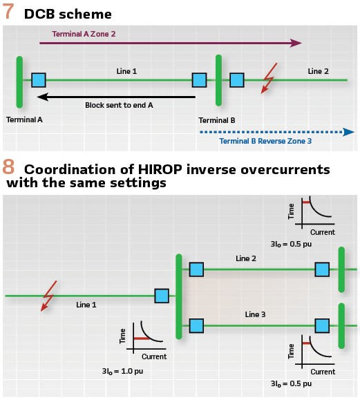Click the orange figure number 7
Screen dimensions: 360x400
8,12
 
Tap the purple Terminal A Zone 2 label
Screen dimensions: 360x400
84,34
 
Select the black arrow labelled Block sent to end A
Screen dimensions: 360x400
116,97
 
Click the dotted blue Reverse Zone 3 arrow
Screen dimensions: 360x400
277,132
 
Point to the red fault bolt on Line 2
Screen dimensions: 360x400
269,78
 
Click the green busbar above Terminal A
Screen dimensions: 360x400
19,82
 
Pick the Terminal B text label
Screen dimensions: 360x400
217,120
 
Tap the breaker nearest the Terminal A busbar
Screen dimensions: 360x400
39,80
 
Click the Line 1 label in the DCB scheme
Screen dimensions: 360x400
126,71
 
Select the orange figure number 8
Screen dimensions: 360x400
8,167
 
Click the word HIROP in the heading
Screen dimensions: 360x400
160,169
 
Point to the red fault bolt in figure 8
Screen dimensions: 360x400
49,296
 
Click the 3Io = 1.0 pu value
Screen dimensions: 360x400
122,371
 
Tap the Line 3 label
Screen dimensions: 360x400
255,314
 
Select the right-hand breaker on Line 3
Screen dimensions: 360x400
322,326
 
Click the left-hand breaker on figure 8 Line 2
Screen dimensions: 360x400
196,269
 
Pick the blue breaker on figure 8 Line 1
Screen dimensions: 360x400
162,296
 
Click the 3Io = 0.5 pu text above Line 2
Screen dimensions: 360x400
291,244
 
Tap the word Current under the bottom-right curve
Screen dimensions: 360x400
323,372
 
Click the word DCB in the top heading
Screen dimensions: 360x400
39,14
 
